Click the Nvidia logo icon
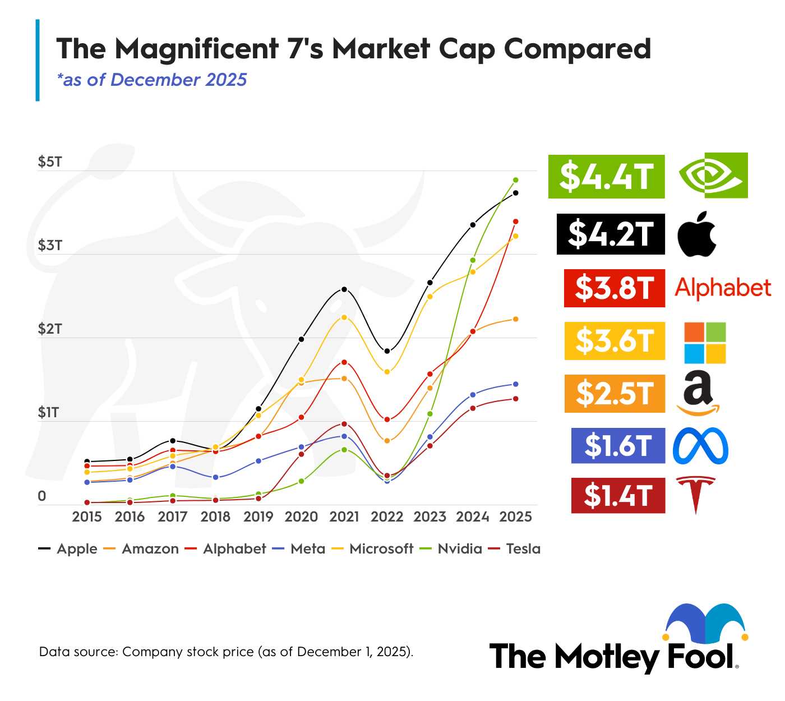click(x=713, y=176)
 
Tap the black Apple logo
click(x=697, y=234)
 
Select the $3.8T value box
click(x=615, y=288)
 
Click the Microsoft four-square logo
click(x=705, y=343)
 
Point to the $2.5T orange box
click(x=615, y=394)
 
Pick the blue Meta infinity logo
click(x=700, y=446)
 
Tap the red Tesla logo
click(x=696, y=494)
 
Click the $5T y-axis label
click(x=50, y=162)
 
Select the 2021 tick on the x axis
click(x=344, y=516)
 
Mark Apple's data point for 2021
click(x=344, y=289)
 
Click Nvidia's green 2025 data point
click(x=516, y=180)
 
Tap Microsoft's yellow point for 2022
click(x=387, y=371)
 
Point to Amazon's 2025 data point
click(x=516, y=319)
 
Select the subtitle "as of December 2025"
click(x=152, y=80)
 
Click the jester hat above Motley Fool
click(x=705, y=622)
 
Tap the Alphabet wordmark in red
click(x=723, y=288)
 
